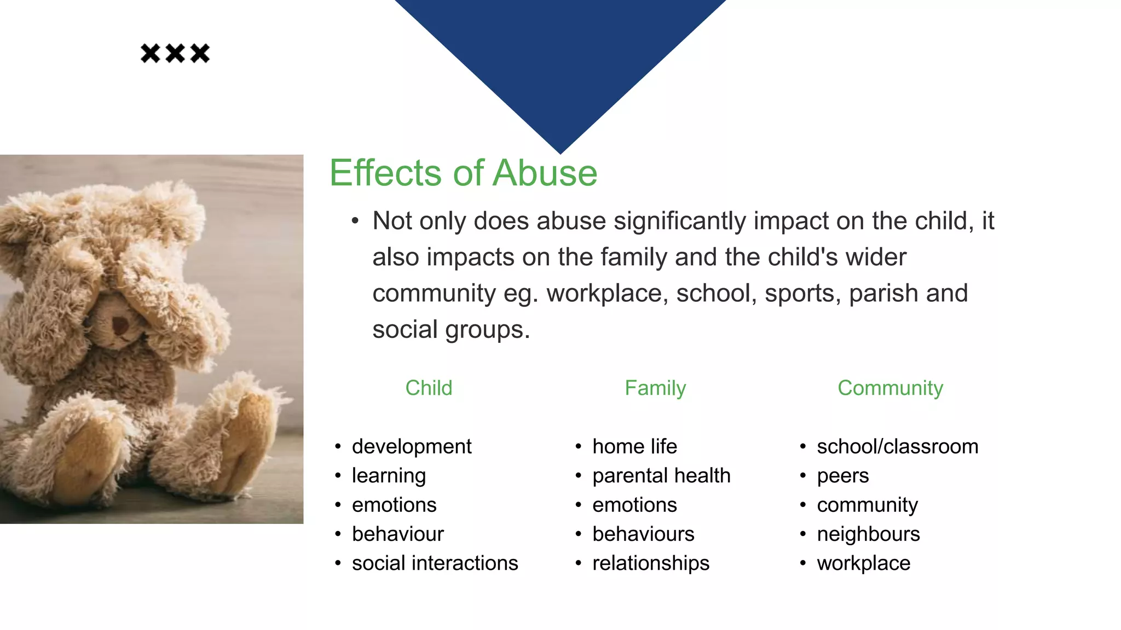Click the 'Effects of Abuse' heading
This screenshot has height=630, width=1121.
pyautogui.click(x=463, y=173)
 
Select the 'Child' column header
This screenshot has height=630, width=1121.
pyautogui.click(x=429, y=388)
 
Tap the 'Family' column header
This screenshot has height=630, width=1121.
pyautogui.click(x=655, y=388)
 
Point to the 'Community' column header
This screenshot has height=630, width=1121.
pyautogui.click(x=890, y=388)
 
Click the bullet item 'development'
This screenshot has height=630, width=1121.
pyautogui.click(x=411, y=447)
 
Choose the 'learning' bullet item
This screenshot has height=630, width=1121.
pyautogui.click(x=389, y=476)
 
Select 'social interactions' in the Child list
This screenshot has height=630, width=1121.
pyautogui.click(x=435, y=563)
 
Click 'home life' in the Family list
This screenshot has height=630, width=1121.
pyautogui.click(x=634, y=447)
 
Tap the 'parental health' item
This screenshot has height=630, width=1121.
pyautogui.click(x=661, y=476)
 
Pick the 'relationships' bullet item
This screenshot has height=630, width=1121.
pyautogui.click(x=651, y=563)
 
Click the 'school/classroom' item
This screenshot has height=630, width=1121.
pyautogui.click(x=897, y=447)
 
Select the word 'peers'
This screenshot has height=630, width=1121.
pyautogui.click(x=842, y=476)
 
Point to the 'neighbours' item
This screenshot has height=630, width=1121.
pyautogui.click(x=868, y=534)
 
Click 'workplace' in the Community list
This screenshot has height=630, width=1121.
pyautogui.click(x=863, y=563)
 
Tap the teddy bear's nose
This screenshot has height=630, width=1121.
pyautogui.click(x=120, y=326)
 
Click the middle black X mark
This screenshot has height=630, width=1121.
pyautogui.click(x=175, y=54)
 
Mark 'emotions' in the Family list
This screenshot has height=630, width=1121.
pyautogui.click(x=634, y=505)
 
